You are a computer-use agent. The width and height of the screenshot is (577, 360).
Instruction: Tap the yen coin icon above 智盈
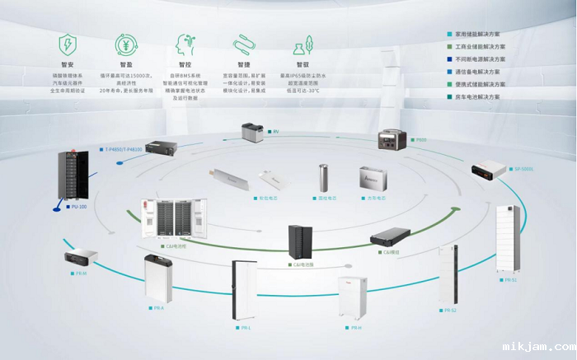tap(126, 44)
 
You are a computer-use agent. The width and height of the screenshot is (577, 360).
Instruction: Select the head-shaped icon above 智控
tap(184, 44)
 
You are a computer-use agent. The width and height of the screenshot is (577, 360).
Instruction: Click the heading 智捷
tap(243, 64)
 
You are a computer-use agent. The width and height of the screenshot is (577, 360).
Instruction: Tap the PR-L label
tap(246, 328)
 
